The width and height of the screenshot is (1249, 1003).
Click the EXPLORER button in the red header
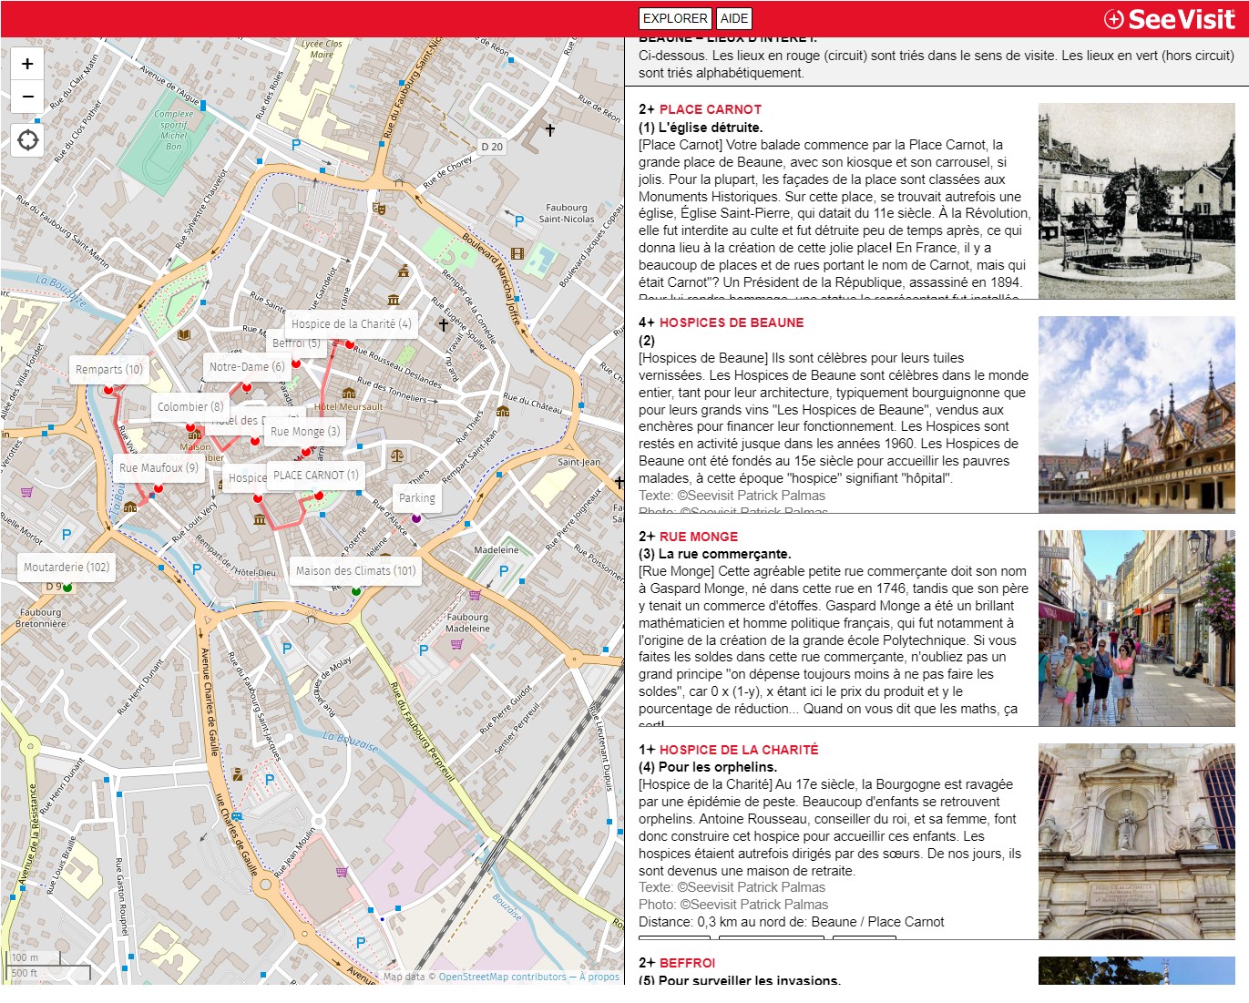pyautogui.click(x=675, y=18)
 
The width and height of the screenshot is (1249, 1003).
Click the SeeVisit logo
pyautogui.click(x=1170, y=19)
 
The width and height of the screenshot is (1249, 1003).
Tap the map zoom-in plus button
pyautogui.click(x=27, y=64)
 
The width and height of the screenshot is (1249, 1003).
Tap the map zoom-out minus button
pyautogui.click(x=27, y=96)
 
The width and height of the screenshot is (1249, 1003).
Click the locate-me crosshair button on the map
pyautogui.click(x=28, y=140)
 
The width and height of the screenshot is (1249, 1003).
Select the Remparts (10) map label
pyautogui.click(x=109, y=370)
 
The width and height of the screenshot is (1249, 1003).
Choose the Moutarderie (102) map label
pyautogui.click(x=67, y=568)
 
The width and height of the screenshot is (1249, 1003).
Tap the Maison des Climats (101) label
pyautogui.click(x=355, y=571)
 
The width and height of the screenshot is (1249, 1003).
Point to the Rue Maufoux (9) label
pyautogui.click(x=159, y=468)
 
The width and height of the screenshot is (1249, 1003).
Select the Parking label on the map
pyautogui.click(x=416, y=498)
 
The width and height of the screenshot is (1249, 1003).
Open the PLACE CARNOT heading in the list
pyautogui.click(x=710, y=109)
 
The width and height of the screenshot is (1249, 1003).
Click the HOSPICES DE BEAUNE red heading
pyautogui.click(x=731, y=322)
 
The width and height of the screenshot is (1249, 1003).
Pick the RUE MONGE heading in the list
pyautogui.click(x=698, y=537)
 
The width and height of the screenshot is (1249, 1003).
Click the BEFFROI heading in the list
pyautogui.click(x=687, y=963)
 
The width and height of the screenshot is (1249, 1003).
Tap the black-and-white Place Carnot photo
pyautogui.click(x=1136, y=201)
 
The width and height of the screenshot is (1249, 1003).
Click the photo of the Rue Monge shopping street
pyautogui.click(x=1136, y=628)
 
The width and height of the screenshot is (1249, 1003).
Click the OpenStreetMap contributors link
pyautogui.click(x=502, y=977)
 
